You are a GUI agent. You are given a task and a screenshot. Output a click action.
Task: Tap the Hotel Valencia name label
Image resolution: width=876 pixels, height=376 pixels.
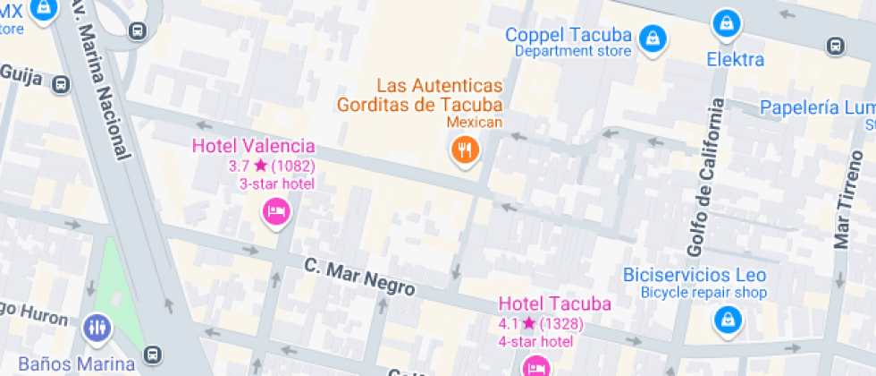coord(254,146)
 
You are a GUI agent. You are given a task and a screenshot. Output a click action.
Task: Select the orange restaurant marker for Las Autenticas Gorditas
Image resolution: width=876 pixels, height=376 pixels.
coord(464,149)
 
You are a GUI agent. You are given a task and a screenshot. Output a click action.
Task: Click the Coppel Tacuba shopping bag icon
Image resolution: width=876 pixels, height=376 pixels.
coord(654,38)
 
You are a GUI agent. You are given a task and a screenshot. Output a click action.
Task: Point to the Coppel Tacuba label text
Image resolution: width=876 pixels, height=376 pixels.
coord(569,36)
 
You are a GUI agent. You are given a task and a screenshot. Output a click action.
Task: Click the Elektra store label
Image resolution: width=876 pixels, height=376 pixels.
coord(736,60)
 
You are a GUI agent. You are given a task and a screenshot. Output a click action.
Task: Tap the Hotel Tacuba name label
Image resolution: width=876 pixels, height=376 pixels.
coord(554,303)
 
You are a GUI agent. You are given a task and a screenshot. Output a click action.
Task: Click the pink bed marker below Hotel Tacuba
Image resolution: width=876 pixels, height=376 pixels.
coord(535,367)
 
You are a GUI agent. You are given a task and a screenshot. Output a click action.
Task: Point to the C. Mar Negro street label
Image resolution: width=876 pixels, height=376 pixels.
coord(359,277)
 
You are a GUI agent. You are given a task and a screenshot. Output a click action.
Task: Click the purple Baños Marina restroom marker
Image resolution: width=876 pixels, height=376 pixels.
coord(97,329)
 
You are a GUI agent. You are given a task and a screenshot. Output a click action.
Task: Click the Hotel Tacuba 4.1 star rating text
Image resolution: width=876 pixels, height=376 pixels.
coord(542,323)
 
